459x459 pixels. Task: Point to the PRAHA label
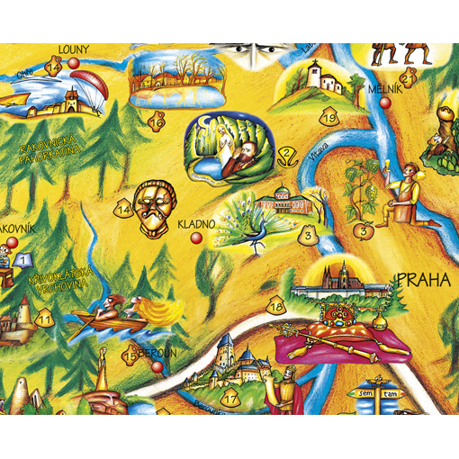[x=423, y=279]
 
